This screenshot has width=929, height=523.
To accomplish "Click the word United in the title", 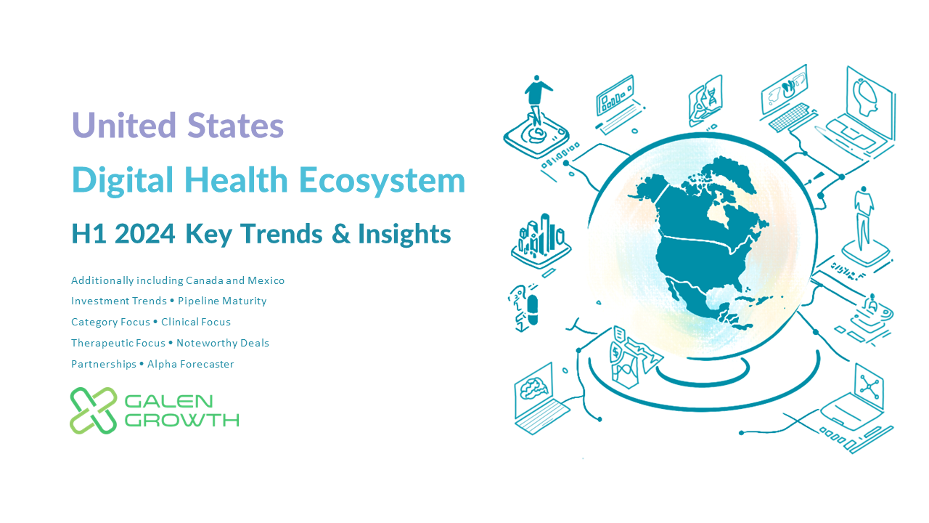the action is (x=124, y=125).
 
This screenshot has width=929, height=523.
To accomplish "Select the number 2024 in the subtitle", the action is (x=144, y=234).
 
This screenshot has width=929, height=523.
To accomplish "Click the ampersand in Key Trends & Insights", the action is (x=341, y=234).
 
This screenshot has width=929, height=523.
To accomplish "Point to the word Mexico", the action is (x=266, y=280).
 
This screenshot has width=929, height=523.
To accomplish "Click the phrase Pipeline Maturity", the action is (x=222, y=301).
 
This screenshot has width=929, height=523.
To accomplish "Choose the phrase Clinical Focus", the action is (x=196, y=322).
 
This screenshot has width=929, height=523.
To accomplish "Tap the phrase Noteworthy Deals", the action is (x=223, y=343).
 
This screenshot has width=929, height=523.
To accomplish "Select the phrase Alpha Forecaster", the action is (x=190, y=364).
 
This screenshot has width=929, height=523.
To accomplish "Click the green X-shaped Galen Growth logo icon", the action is (x=94, y=410).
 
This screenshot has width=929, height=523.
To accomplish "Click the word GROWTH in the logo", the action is (x=181, y=421).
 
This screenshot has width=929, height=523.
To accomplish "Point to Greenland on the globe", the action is (x=731, y=172).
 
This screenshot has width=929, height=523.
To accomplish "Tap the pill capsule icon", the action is (x=533, y=309).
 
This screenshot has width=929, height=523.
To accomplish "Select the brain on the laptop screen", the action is (x=533, y=388).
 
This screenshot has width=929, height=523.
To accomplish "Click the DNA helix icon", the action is (x=712, y=97).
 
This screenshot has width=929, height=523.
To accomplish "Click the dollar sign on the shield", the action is (x=616, y=353).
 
